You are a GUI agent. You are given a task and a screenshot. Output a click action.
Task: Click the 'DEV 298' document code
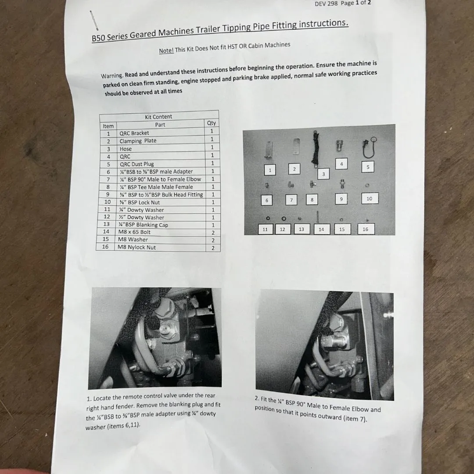point(326,4)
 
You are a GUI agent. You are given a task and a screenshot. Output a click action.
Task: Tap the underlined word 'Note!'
point(166,50)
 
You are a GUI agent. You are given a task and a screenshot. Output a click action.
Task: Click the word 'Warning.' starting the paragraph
point(112,75)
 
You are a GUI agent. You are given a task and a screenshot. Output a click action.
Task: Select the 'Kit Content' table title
point(158,117)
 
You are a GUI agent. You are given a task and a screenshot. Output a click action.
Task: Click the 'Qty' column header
point(211,123)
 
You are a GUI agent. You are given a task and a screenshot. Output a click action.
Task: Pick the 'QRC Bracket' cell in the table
point(134,133)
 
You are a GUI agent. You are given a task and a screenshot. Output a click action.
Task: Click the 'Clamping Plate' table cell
point(138,141)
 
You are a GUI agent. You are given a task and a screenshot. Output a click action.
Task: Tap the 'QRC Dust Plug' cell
point(136,164)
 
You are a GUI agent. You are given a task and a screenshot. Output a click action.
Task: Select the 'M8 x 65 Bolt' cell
point(134,232)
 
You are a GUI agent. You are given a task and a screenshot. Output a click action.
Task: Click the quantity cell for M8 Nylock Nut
point(213,248)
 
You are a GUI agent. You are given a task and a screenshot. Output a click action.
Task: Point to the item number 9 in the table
point(108,194)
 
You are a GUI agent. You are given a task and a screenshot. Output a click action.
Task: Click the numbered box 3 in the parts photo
point(323,174)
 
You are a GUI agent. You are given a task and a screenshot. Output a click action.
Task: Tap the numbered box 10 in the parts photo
point(370,199)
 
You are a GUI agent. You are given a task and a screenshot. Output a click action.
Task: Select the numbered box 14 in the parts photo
point(321,230)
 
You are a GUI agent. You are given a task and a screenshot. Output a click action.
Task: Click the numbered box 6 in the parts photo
point(267,200)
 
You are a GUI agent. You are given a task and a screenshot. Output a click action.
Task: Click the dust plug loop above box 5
point(369,147)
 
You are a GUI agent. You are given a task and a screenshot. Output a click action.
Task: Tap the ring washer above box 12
point(284,219)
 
